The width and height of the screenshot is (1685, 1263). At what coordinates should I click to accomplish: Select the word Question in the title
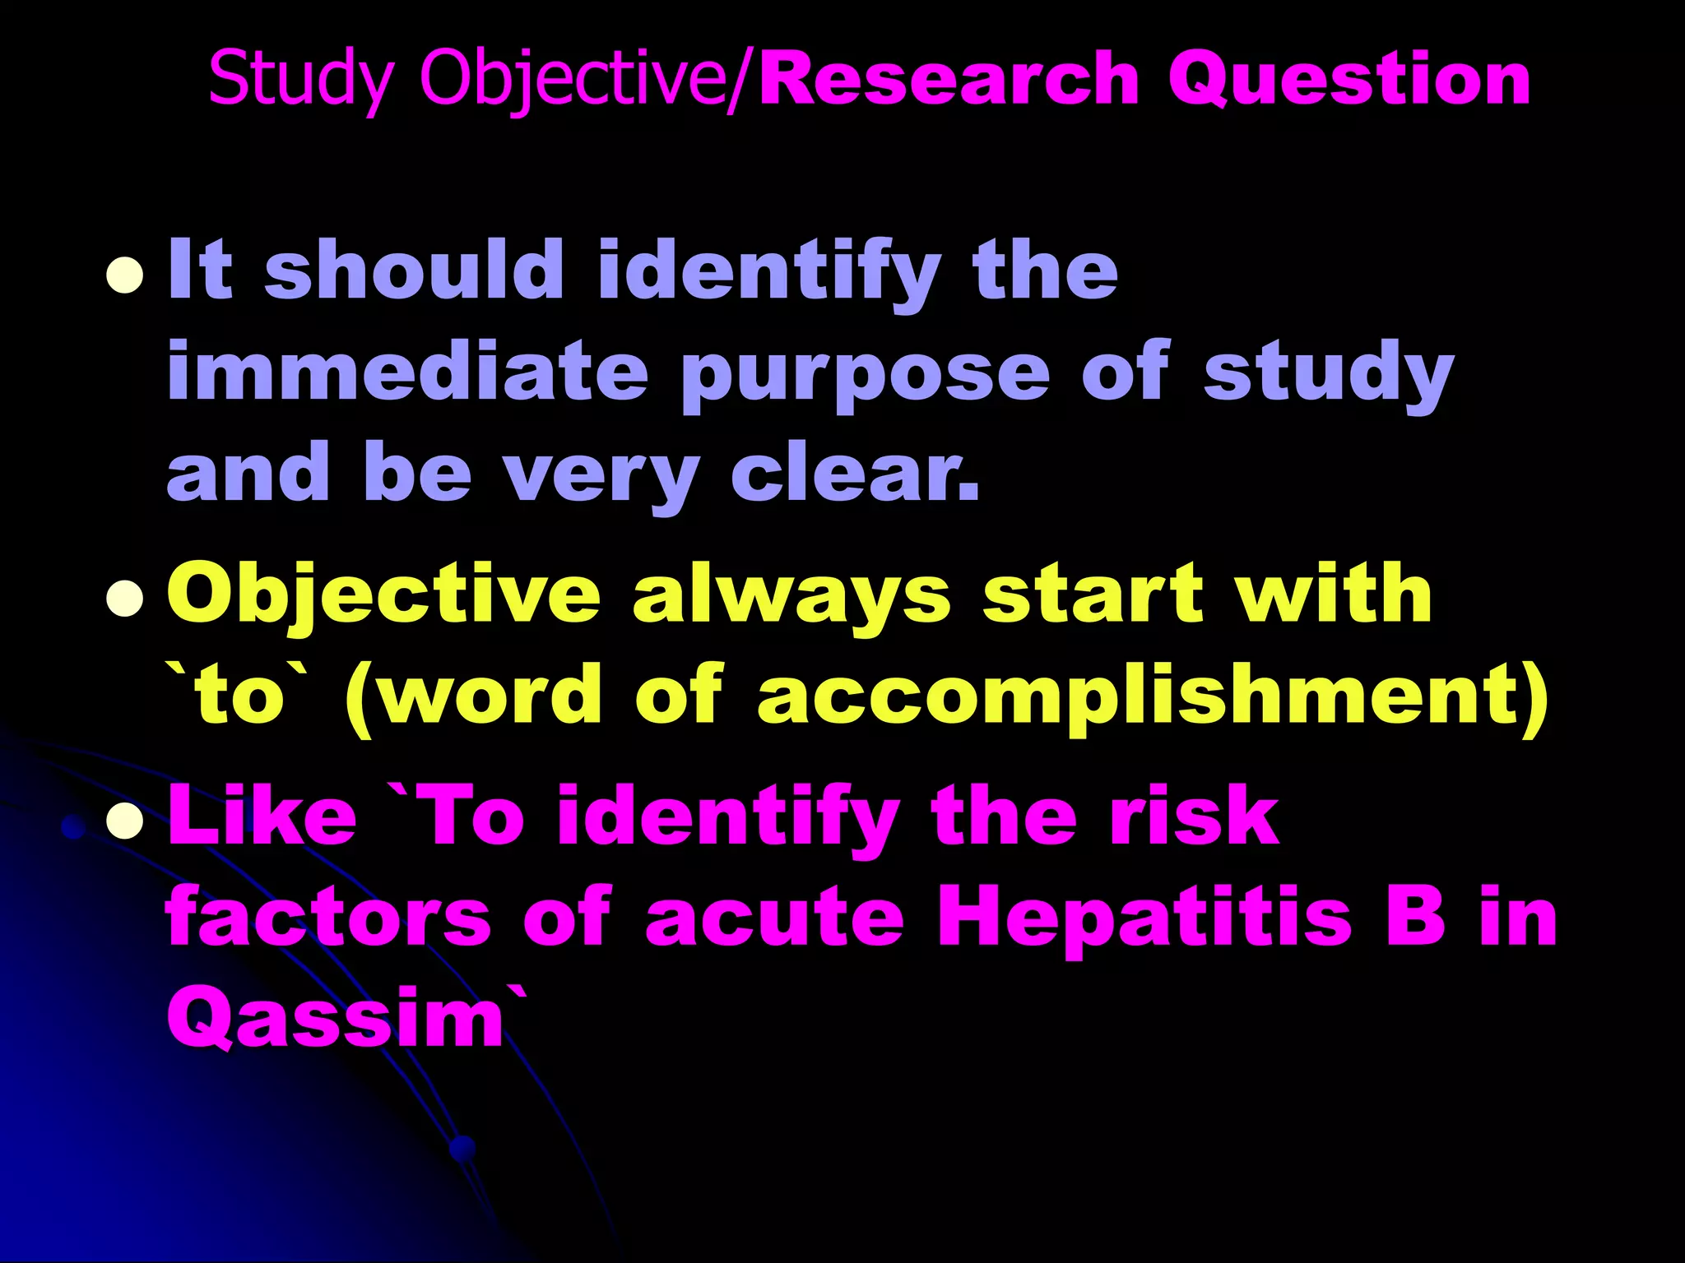tap(1349, 80)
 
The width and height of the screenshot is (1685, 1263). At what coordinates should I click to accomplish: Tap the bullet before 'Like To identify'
tap(125, 819)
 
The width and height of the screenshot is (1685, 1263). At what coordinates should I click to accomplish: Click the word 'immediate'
tap(407, 372)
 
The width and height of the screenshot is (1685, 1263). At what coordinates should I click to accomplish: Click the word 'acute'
tap(774, 918)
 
